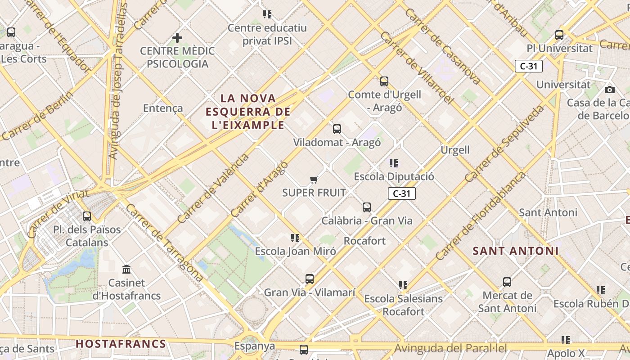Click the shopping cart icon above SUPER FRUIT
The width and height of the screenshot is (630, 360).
point(314,180)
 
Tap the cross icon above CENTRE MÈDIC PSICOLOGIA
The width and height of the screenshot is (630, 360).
point(177,38)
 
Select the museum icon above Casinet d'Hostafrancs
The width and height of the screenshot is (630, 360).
point(126,270)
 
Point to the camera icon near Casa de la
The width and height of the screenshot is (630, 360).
point(610,90)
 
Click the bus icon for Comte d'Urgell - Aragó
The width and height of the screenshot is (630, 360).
point(384,81)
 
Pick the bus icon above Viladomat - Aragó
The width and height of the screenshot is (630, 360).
point(337,129)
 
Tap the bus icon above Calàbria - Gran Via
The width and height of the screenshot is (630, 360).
point(367,207)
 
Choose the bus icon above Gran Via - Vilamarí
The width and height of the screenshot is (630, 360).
point(310,279)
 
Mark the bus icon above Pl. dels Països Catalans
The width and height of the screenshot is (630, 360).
point(87,216)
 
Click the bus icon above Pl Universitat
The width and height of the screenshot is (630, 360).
point(559,35)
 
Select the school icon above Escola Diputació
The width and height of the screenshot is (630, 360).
point(394,163)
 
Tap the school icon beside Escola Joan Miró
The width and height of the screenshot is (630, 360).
point(295,238)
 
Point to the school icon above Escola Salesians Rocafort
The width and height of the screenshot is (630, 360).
point(403,285)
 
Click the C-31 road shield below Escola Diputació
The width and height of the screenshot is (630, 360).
point(401,193)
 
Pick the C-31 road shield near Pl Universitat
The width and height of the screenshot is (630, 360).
point(529,66)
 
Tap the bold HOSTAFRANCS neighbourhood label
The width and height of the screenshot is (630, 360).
point(121,344)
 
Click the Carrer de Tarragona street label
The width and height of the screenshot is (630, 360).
point(164,243)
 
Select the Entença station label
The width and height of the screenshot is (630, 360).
point(163,108)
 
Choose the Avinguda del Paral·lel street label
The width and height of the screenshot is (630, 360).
point(450,348)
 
